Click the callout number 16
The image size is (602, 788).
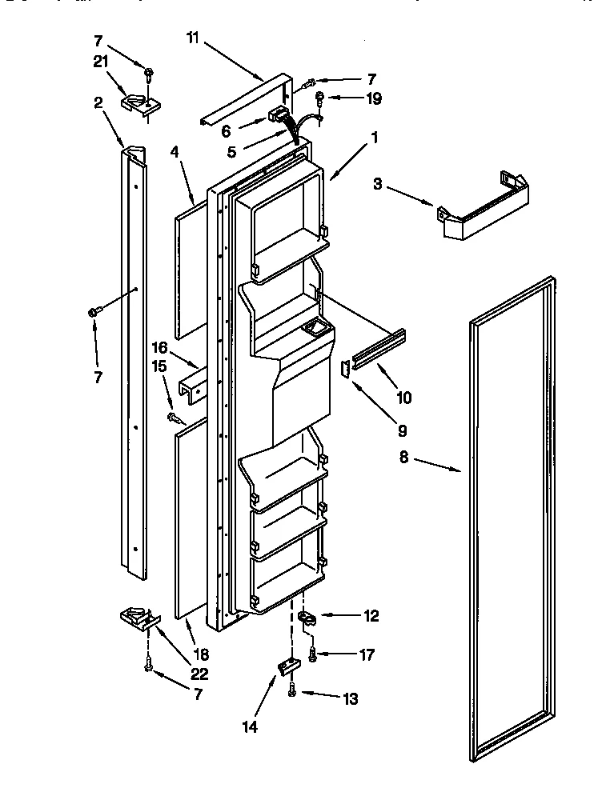160,348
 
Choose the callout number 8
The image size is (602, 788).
403,458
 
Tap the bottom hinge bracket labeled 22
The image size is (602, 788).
138,617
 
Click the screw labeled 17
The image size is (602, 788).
313,655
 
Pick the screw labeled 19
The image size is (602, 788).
321,100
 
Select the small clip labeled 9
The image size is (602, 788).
347,368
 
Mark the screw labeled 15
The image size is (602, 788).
174,416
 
